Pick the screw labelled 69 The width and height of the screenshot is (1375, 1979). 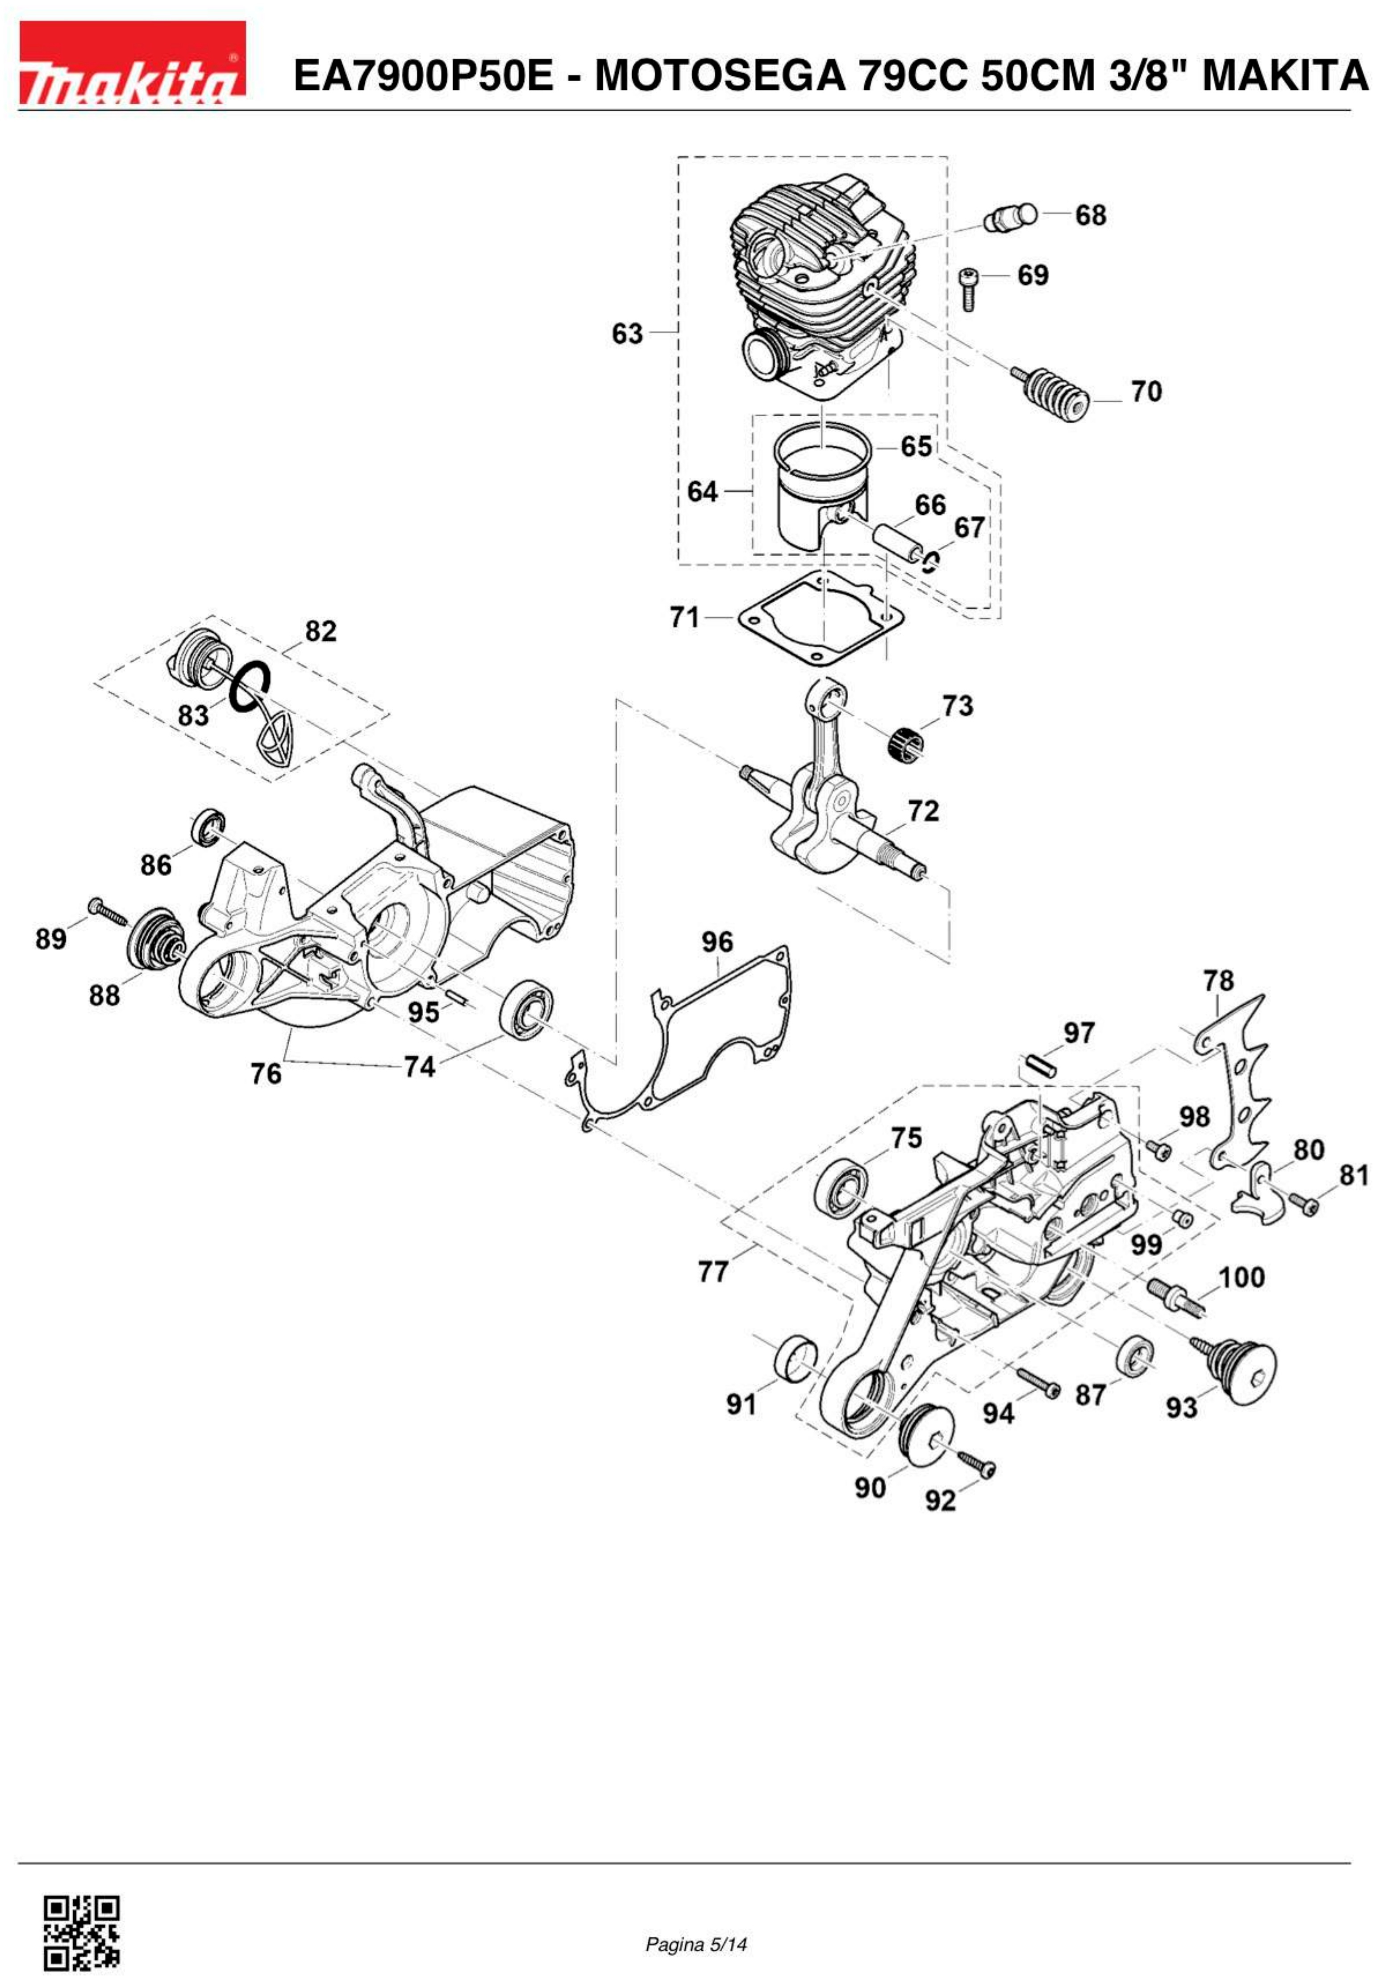click(968, 288)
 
